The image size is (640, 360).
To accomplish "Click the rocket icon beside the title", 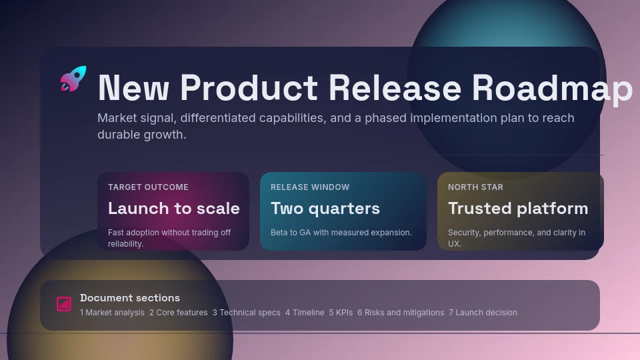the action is pos(73,79).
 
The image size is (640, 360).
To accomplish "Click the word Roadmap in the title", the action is pos(552,89).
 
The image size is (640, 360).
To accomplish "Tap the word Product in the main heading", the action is pos(249,88).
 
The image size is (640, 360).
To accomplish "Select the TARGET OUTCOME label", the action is pos(148,187).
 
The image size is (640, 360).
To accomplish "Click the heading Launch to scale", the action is pos(174,208).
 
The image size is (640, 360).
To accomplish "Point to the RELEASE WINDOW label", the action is pos(310,187).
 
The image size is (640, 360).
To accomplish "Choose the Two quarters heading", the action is pos(325,209).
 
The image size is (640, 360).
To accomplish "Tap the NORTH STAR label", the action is pos(475,187).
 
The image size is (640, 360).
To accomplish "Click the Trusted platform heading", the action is pos(518,209).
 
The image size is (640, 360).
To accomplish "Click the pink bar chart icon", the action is pos(64,304).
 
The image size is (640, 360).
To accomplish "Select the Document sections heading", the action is pos(130,298).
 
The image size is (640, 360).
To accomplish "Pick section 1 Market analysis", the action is pos(112,313).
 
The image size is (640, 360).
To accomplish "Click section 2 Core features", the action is pos(179,313).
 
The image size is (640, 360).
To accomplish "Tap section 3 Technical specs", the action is pos(247,313).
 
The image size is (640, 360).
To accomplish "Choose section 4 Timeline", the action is pos(305,313).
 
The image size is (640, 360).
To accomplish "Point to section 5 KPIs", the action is pos(341,313).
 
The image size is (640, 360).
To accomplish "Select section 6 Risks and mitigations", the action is pos(401,313).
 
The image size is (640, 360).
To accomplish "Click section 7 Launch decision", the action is pos(483,313).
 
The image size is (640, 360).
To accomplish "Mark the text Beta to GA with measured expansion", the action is pos(341,232).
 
